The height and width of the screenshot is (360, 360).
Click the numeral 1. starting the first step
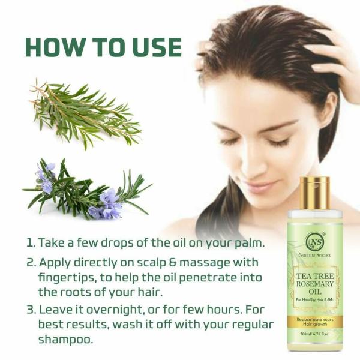tap(29, 243)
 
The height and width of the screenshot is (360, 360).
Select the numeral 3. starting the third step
tap(30, 310)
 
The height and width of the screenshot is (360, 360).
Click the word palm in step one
tap(249, 243)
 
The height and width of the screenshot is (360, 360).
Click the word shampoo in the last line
tap(66, 339)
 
